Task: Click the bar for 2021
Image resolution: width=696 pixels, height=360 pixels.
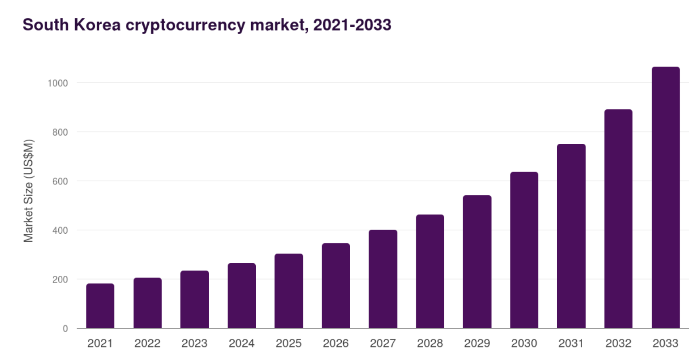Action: pos(100,306)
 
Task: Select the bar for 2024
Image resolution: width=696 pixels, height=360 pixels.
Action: pos(241,296)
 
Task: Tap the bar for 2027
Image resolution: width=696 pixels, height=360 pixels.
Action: pos(383,279)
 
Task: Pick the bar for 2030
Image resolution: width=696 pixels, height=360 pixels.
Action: pos(524,250)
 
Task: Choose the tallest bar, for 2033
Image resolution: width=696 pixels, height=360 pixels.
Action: pos(666,197)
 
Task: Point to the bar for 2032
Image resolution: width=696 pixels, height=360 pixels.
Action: pos(618,219)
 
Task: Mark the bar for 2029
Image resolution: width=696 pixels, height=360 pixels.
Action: pos(477,262)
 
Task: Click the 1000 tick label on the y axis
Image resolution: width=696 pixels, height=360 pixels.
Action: pos(58,83)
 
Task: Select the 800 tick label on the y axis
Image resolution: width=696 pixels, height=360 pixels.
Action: pos(60,132)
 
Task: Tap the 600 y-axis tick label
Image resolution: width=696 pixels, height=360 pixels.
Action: pos(60,181)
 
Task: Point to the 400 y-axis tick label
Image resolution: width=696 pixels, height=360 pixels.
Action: pos(60,230)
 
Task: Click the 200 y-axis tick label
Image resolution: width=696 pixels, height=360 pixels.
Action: pos(60,279)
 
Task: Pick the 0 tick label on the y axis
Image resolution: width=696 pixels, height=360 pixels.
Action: pos(65,329)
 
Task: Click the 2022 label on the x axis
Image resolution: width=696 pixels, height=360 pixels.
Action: pos(147,343)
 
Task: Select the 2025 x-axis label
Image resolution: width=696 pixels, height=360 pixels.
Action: pos(288,343)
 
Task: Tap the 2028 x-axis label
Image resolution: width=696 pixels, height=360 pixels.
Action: pos(430,343)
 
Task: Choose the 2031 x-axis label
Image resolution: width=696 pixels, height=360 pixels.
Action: pos(571,343)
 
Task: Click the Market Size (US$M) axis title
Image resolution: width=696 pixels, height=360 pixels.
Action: pos(29,191)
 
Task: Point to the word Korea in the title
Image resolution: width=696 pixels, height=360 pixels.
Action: pos(97,25)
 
